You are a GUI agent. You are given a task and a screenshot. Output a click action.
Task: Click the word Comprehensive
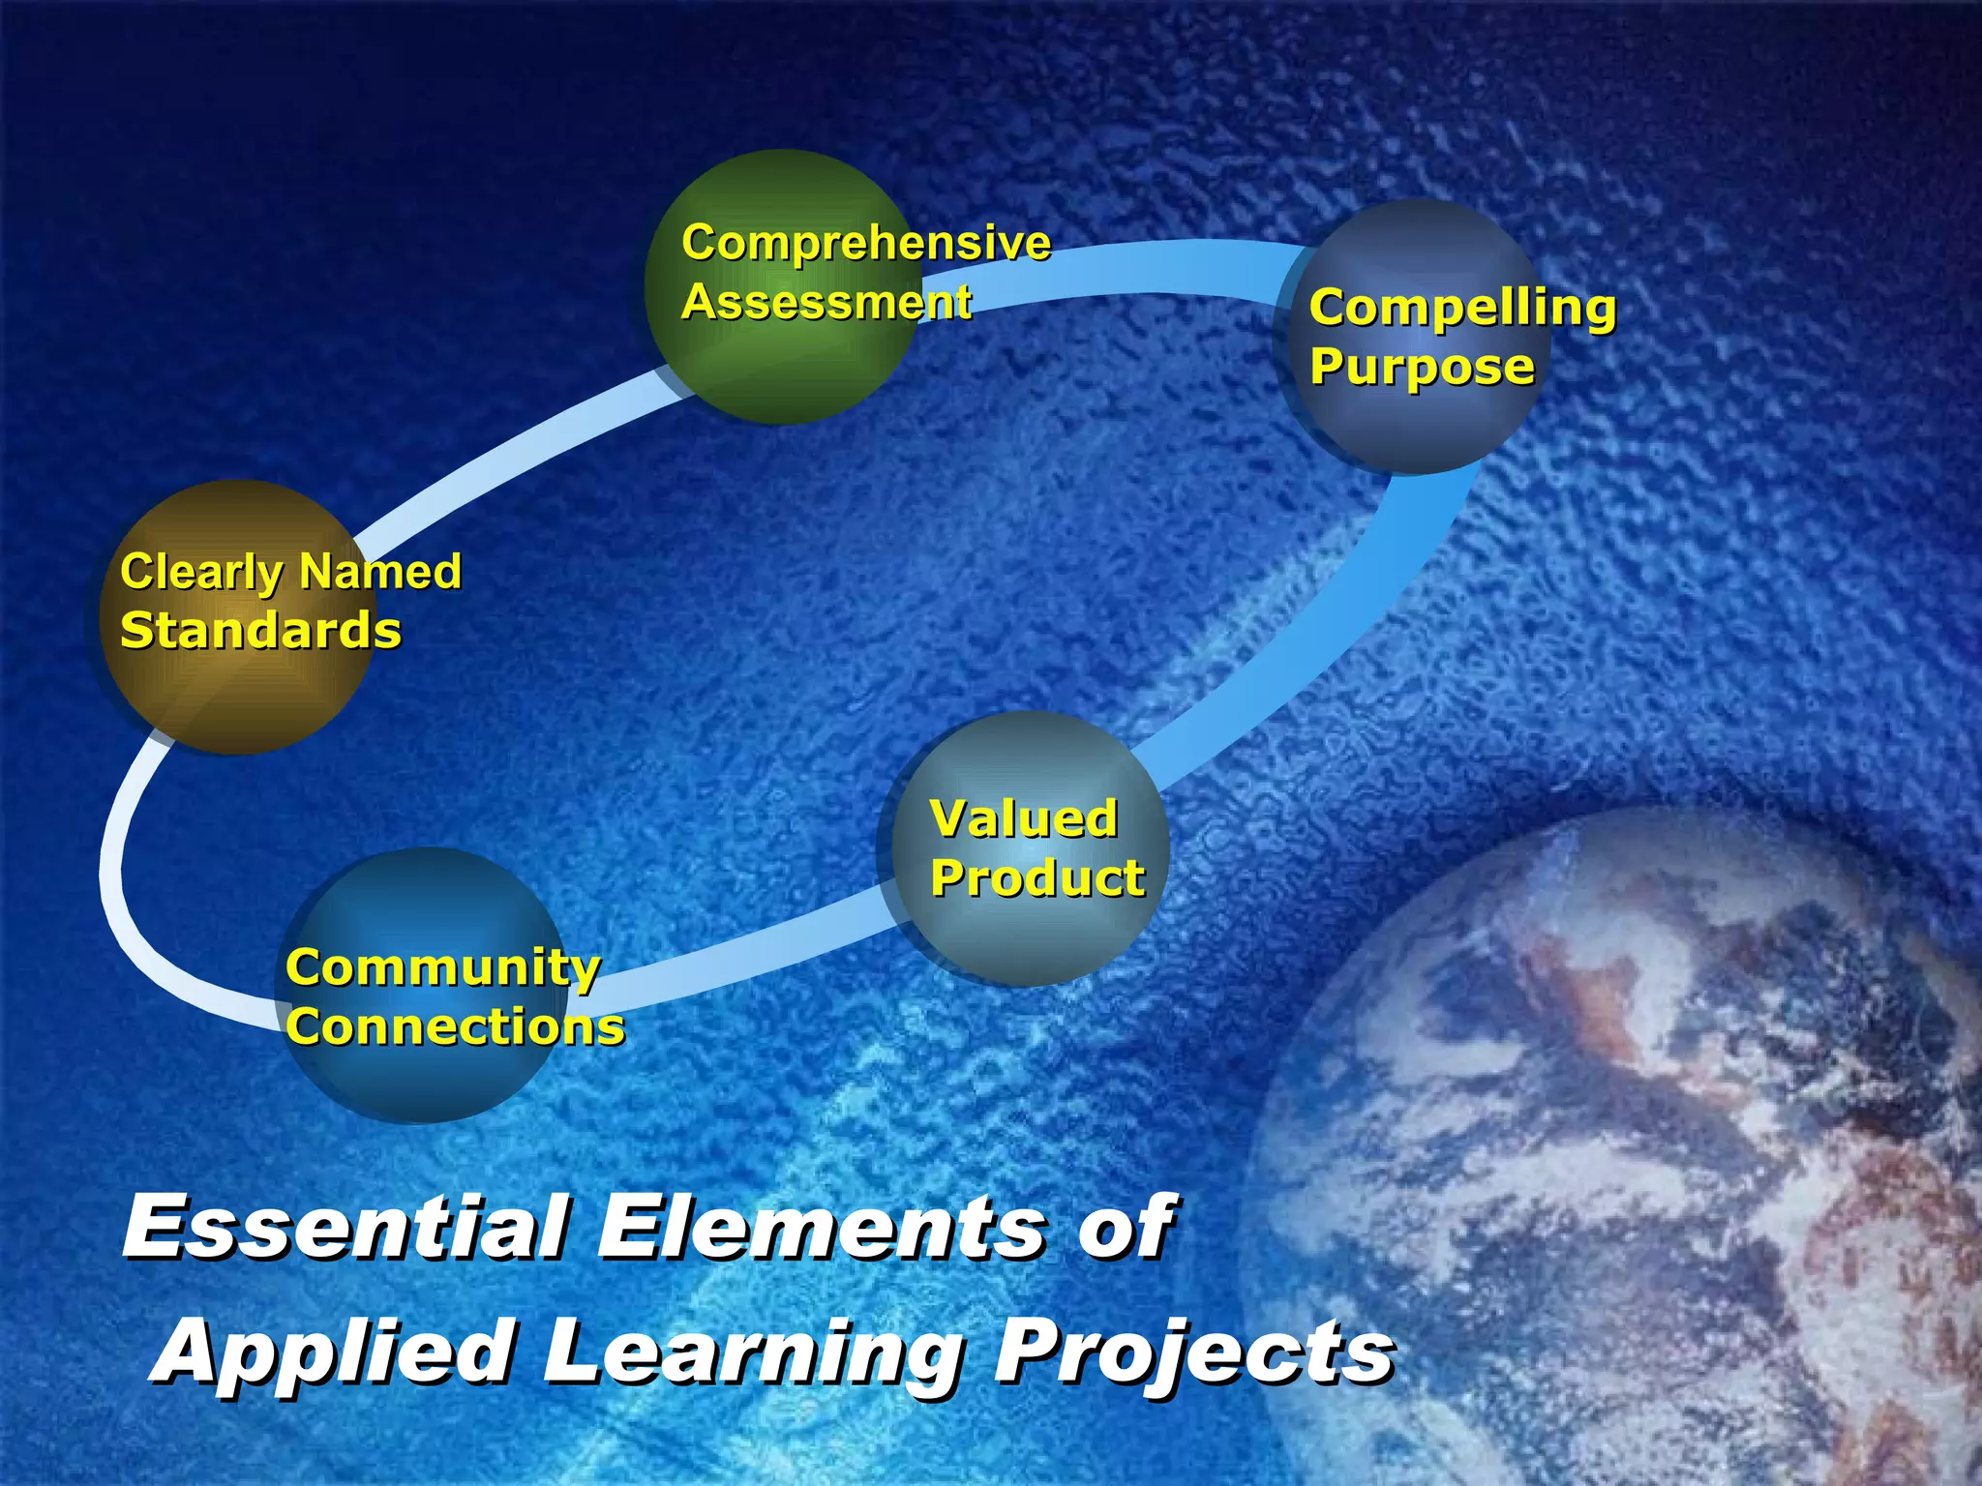[865, 243]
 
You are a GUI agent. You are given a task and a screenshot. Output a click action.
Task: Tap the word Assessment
[826, 302]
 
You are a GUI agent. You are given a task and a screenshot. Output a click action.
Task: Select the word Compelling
[1462, 308]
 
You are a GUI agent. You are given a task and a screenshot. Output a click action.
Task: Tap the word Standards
[260, 631]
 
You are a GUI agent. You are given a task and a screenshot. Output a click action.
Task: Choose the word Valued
[1024, 818]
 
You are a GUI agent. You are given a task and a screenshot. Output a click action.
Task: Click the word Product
[1037, 878]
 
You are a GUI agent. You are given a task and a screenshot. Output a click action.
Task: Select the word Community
[443, 967]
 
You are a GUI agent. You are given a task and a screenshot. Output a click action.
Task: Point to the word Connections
[455, 1026]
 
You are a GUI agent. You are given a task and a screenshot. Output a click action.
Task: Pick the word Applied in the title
[334, 1352]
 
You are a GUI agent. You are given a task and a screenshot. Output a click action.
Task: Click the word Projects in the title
[1194, 1352]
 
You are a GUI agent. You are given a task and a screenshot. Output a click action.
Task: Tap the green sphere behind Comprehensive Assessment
[784, 368]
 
